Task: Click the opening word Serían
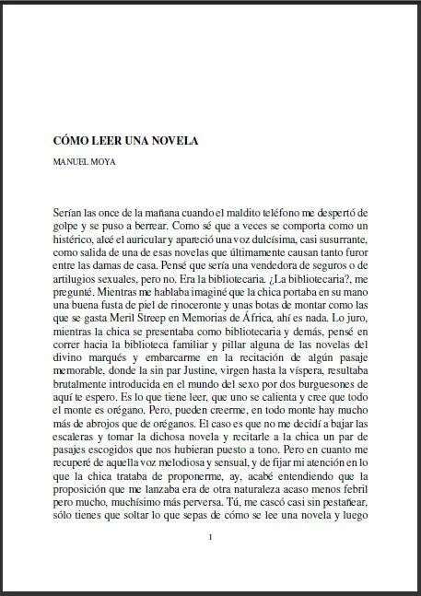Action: [x=71, y=213]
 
